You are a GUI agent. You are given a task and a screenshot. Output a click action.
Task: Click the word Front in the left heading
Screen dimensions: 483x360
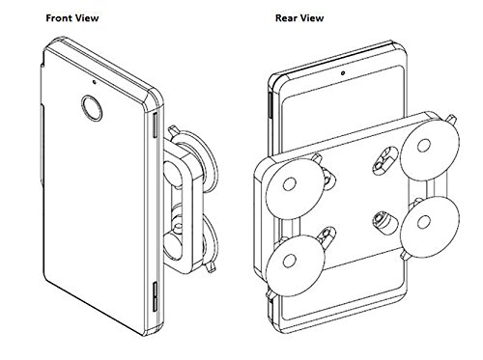click(x=58, y=18)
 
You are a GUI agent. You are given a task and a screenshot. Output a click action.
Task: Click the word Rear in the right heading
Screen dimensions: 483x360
click(x=286, y=18)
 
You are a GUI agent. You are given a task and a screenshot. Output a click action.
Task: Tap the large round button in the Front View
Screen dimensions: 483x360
click(x=92, y=108)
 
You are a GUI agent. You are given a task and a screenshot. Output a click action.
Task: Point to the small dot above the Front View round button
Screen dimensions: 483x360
click(x=94, y=81)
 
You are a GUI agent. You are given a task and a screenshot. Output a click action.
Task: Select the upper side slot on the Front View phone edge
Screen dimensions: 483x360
click(x=155, y=125)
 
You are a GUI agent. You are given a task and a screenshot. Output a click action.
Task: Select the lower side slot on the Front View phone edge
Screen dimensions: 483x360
click(x=155, y=296)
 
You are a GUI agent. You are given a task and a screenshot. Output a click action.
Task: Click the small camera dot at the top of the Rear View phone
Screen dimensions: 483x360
click(x=343, y=73)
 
